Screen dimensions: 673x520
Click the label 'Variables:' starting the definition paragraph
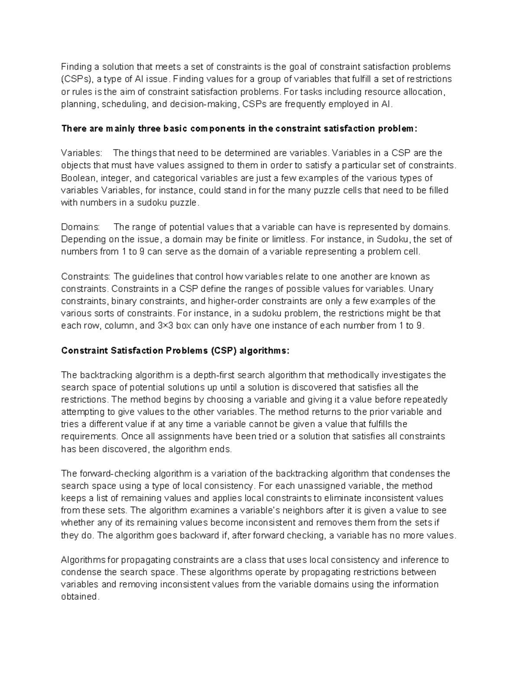point(82,153)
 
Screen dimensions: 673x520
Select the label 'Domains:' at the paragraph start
point(81,227)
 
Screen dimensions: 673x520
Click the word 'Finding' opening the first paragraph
point(76,67)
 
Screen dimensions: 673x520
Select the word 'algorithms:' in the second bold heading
point(264,351)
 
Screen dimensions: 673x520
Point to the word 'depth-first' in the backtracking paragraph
point(214,375)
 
